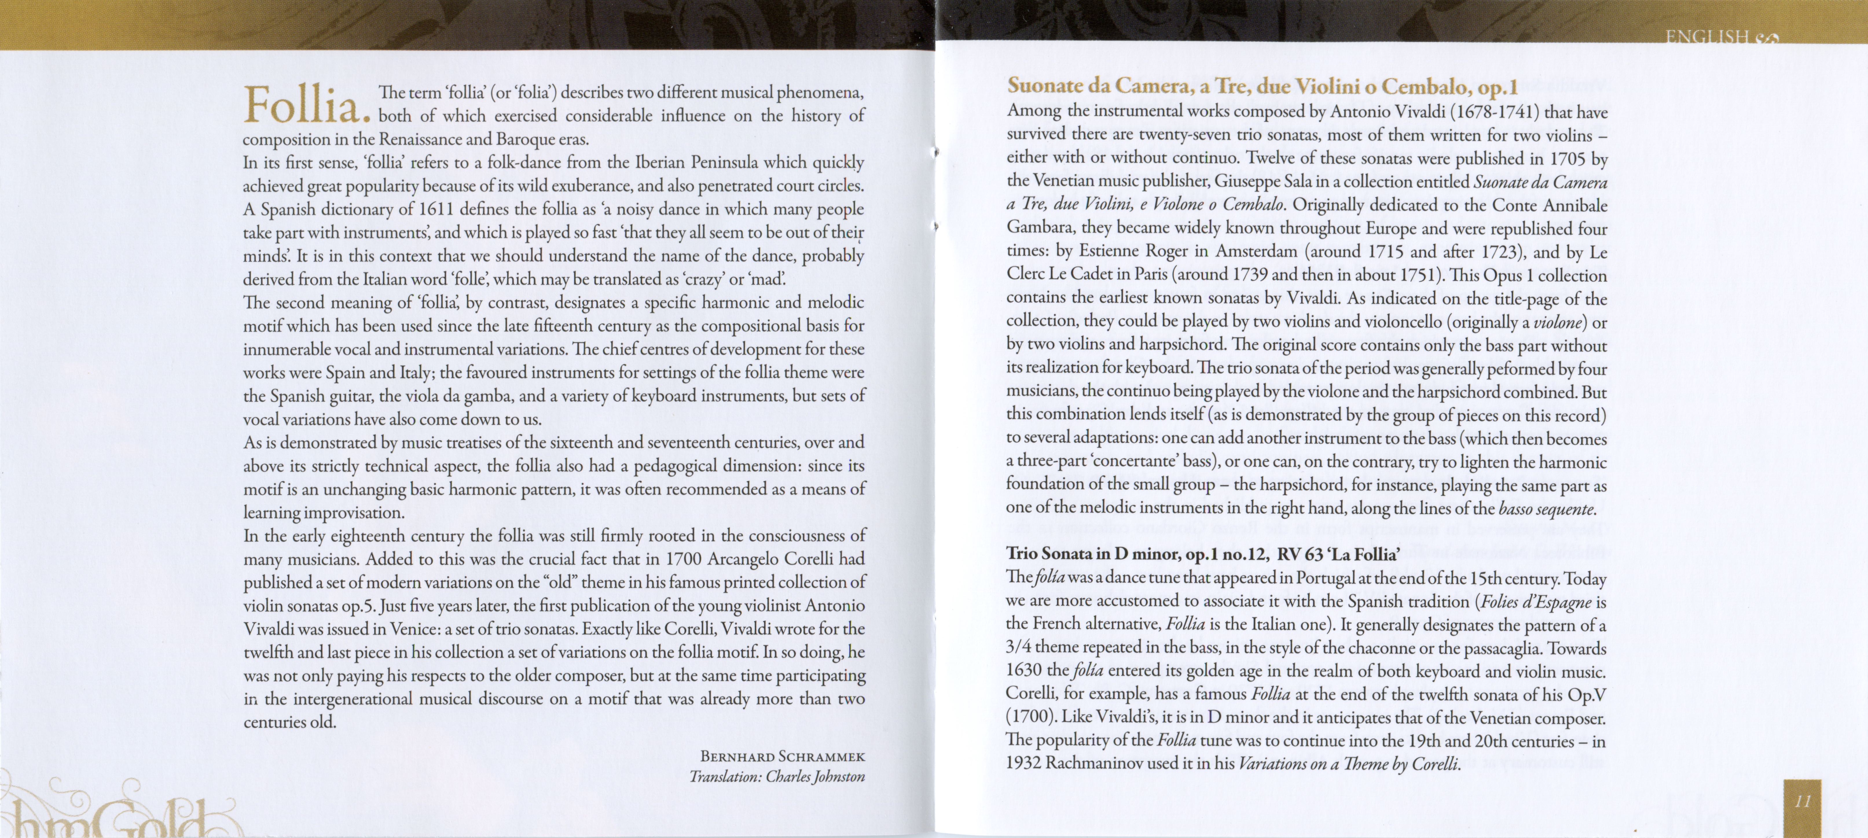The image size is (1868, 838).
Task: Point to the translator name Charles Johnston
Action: tap(815, 776)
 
